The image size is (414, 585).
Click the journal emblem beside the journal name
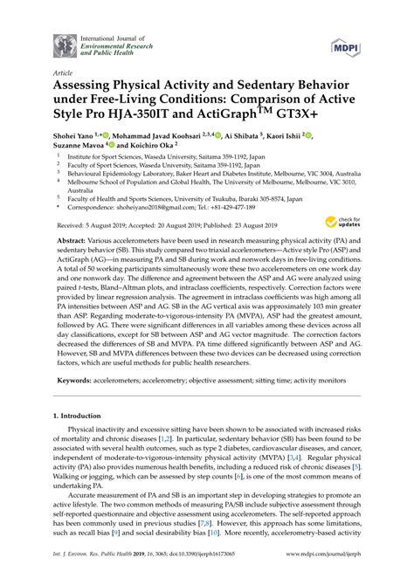pos(63,45)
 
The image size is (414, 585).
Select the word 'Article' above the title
pos(64,73)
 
